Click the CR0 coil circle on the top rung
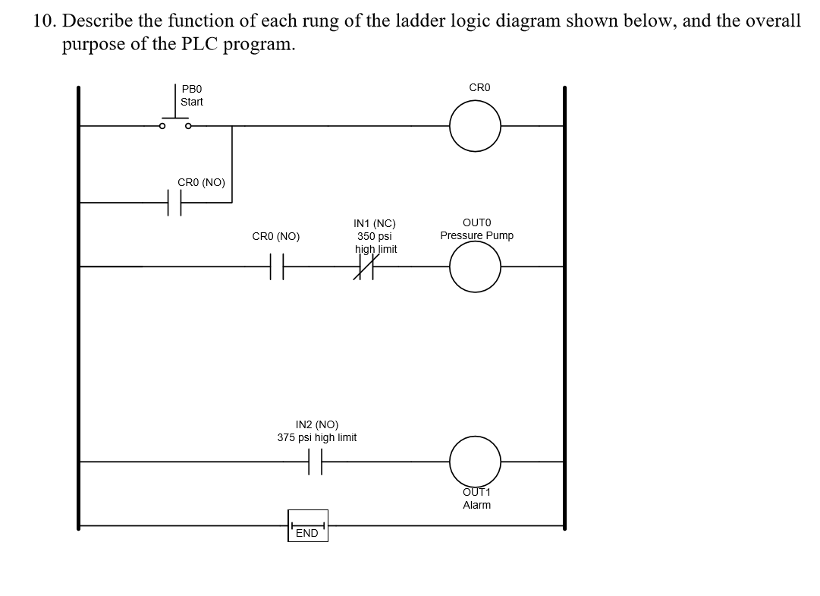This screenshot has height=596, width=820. (x=475, y=126)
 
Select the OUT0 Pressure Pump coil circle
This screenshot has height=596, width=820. (x=475, y=266)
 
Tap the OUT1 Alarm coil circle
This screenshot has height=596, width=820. (x=475, y=460)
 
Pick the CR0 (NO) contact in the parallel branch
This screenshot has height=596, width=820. (x=174, y=203)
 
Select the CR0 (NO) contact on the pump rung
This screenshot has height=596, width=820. (x=277, y=266)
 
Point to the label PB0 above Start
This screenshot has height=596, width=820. (x=191, y=89)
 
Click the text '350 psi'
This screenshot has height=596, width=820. (x=375, y=236)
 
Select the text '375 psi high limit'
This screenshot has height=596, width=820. (x=317, y=437)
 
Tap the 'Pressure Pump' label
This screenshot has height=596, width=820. (x=476, y=235)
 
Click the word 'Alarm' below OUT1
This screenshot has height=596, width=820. (x=476, y=505)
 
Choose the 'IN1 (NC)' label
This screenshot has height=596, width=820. (x=375, y=224)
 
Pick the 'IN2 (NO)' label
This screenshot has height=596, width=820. (x=317, y=425)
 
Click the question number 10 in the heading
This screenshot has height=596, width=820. (x=43, y=20)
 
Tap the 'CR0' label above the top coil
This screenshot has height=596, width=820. (x=479, y=88)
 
